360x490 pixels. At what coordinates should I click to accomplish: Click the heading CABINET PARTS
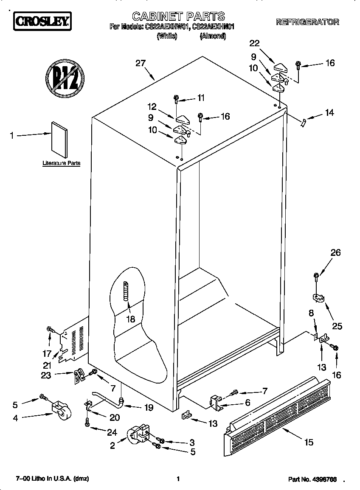[x=178, y=17]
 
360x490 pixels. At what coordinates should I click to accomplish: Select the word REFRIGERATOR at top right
[x=307, y=22]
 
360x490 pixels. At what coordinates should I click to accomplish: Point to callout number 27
[x=141, y=63]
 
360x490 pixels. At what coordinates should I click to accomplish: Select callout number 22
[x=254, y=43]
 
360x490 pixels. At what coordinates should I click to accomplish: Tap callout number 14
[x=329, y=113]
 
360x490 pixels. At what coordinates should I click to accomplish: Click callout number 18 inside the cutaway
[x=131, y=319]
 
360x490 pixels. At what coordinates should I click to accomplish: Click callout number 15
[x=309, y=442]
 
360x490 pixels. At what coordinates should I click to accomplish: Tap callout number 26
[x=335, y=253]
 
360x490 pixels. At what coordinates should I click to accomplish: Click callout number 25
[x=337, y=326]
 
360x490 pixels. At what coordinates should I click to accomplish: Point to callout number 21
[x=47, y=365]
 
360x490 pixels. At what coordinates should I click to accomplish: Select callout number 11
[x=200, y=98]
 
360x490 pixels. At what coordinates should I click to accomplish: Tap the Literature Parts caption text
[x=62, y=163]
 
